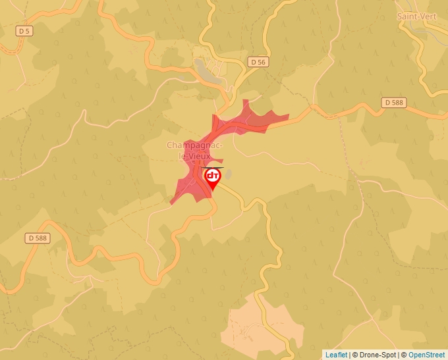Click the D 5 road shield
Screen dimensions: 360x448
point(24,30)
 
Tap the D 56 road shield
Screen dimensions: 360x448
point(258,62)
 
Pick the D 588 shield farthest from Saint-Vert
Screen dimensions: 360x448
point(38,238)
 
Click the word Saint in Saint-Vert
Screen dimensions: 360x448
point(408,15)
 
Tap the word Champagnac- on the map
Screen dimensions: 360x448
point(194,145)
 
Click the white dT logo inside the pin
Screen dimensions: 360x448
point(212,176)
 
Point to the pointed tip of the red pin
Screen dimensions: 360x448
point(212,191)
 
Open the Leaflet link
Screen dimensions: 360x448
point(336,355)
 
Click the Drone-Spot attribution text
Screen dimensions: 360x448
point(376,355)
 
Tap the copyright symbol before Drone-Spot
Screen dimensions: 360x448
point(354,355)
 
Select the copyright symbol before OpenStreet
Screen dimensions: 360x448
point(404,355)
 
